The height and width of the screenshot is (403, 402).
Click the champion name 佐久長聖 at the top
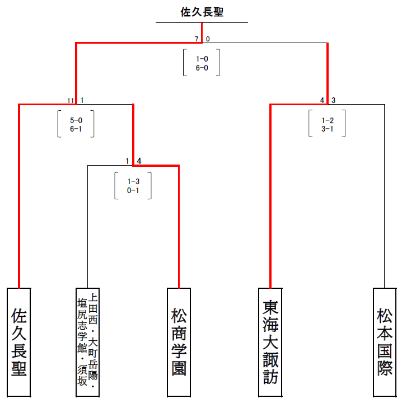click(x=202, y=12)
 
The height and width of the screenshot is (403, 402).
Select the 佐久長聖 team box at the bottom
click(x=19, y=342)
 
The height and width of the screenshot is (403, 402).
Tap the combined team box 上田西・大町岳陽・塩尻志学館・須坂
click(x=88, y=342)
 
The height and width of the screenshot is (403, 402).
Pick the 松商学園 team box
click(x=179, y=342)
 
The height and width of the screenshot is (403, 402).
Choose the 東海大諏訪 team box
click(x=270, y=342)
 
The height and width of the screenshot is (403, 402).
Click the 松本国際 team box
click(x=385, y=342)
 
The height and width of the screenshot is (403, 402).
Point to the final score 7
click(x=197, y=39)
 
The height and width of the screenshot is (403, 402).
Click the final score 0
click(x=208, y=39)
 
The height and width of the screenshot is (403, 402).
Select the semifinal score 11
click(x=71, y=100)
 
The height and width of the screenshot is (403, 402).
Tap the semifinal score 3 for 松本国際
click(x=333, y=100)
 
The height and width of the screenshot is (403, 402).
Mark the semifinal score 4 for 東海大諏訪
click(x=322, y=100)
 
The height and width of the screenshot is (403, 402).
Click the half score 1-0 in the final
click(x=202, y=58)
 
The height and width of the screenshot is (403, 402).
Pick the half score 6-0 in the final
click(x=202, y=68)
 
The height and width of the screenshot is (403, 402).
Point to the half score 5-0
click(x=76, y=119)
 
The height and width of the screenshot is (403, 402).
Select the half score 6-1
click(x=76, y=129)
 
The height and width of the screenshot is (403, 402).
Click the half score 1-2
click(x=328, y=119)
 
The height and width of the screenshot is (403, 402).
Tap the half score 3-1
click(x=328, y=129)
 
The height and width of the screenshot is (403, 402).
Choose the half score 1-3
click(x=133, y=181)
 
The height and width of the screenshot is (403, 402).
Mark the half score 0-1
click(x=133, y=190)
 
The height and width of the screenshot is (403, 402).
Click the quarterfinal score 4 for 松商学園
click(x=139, y=161)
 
